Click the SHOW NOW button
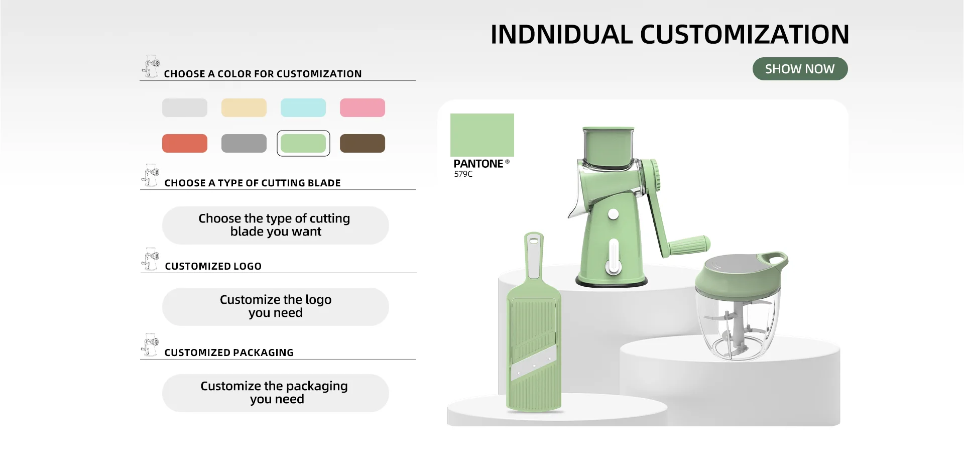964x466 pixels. point(800,69)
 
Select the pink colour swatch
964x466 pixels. point(363,107)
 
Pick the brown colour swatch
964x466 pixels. point(363,143)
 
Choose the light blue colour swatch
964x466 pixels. point(303,107)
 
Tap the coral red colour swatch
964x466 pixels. point(185,143)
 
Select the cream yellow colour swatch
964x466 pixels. point(244,107)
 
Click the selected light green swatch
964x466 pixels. point(303,143)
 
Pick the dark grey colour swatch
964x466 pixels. point(244,143)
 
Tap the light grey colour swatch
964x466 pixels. point(185,107)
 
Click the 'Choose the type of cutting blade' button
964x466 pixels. point(275,225)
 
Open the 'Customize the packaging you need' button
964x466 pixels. point(275,393)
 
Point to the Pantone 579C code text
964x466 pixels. point(463,174)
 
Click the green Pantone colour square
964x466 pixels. point(482,135)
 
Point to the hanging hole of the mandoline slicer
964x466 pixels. point(534,242)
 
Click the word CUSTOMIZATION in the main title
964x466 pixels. point(745,35)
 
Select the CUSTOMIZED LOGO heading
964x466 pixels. point(213,266)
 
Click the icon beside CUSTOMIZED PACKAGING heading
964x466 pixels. point(150,345)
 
